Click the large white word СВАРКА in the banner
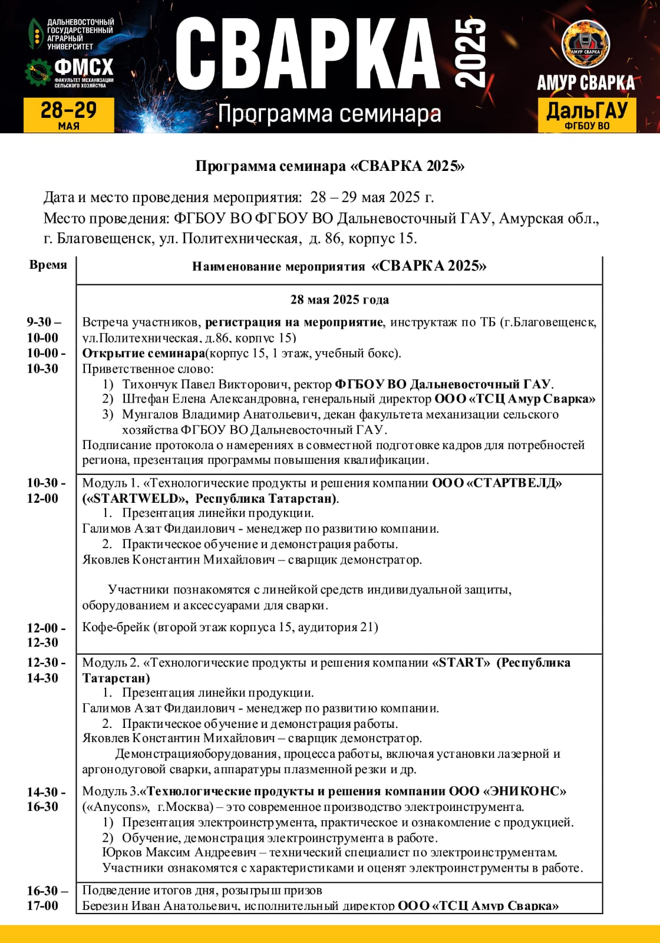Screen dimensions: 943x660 (x=308, y=54)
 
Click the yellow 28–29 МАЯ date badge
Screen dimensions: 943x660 (x=68, y=114)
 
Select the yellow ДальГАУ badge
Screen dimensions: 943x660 (x=586, y=114)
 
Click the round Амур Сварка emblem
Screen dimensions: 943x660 (x=585, y=45)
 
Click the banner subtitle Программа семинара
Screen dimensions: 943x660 (x=329, y=114)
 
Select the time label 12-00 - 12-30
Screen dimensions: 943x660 (x=45, y=635)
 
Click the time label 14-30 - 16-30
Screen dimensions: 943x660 (x=45, y=799)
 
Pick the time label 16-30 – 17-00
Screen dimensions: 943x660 (x=46, y=898)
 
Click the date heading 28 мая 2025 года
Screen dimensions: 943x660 (x=339, y=299)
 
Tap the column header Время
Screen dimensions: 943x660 (x=48, y=265)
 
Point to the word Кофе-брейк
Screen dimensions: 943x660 (x=115, y=627)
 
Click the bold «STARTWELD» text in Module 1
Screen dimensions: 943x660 (x=136, y=498)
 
